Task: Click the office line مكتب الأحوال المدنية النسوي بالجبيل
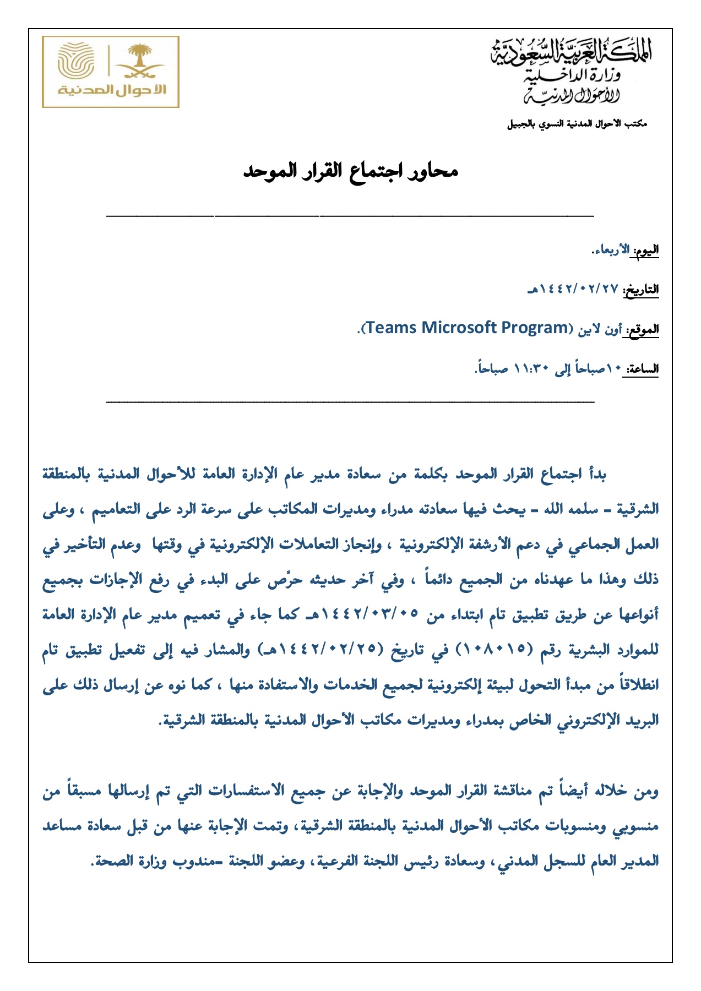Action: click(x=577, y=124)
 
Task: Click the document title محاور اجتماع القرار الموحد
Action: click(x=351, y=171)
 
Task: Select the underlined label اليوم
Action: click(x=646, y=251)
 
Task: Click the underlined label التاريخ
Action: click(x=642, y=290)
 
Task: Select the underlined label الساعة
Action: click(x=642, y=369)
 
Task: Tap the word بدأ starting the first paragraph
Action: click(x=597, y=475)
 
